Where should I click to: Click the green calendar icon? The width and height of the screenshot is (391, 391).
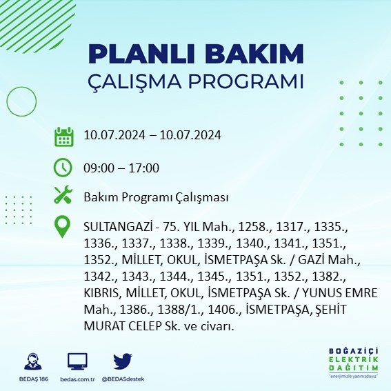(x=64, y=136)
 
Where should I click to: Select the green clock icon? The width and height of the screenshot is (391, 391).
(x=63, y=168)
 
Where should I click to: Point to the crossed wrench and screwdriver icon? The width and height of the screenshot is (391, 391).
(x=63, y=196)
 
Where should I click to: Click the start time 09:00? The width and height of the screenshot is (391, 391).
(x=97, y=168)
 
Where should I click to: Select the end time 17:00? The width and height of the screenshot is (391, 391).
(x=145, y=168)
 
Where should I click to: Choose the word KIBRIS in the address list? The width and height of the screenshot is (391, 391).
(x=101, y=293)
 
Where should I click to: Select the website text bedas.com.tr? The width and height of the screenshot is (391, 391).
(x=78, y=379)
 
